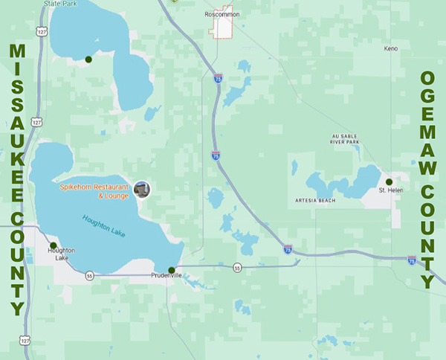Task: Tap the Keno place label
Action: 390,48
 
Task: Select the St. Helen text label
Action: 390,190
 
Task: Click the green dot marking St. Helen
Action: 389,181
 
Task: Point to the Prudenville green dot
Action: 172,270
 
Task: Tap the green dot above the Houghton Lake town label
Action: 54,245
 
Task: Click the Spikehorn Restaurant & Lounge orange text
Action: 94,190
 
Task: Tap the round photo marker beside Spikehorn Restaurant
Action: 141,190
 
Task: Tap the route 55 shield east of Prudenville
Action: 237,267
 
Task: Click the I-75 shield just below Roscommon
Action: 218,77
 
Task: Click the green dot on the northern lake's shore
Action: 88,60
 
